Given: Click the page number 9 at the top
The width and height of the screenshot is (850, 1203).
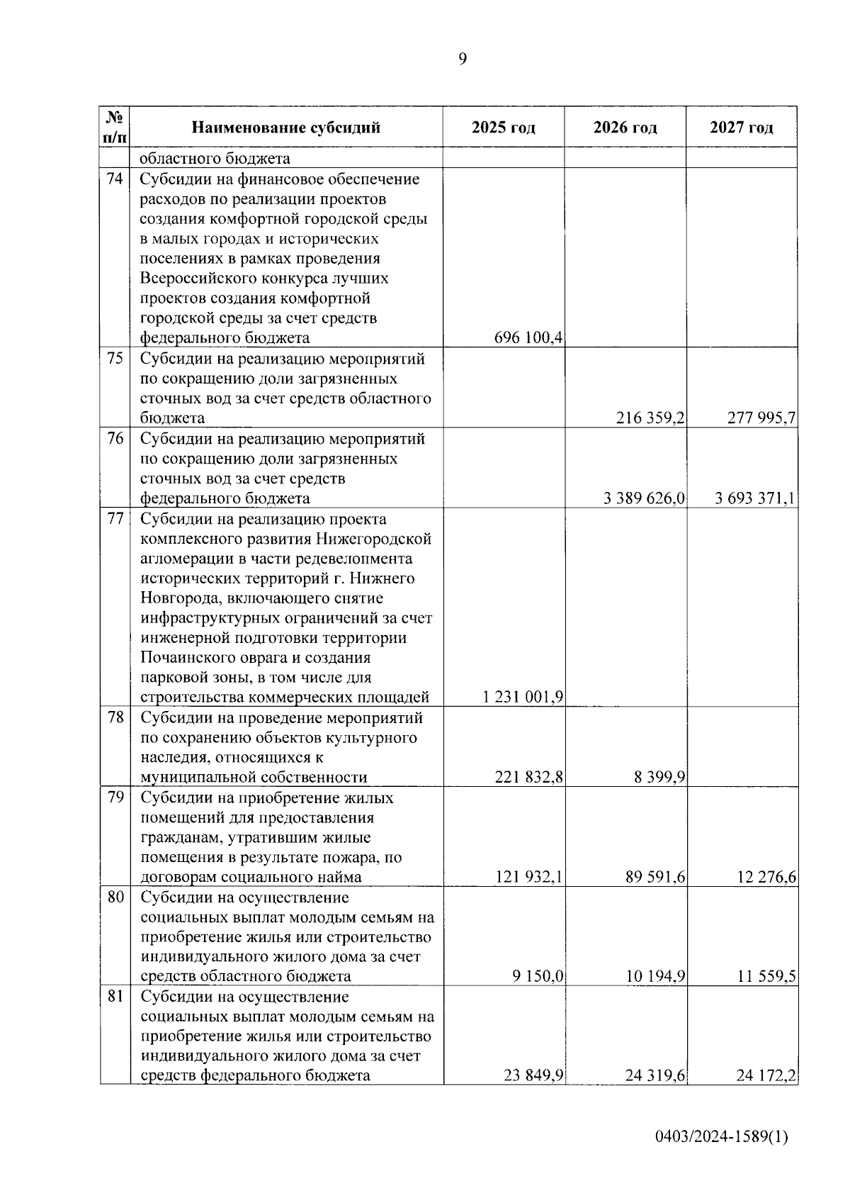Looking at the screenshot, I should pos(463,59).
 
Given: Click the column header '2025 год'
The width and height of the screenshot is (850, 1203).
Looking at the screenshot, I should pos(504,128).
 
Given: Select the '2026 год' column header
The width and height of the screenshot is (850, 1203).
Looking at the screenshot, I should pos(625,128).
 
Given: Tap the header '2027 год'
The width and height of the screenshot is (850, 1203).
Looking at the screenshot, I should pos(742,128).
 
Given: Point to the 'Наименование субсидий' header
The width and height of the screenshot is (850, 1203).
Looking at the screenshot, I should pos(286,128).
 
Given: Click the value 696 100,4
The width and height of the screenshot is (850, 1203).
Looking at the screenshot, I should pos(528,337).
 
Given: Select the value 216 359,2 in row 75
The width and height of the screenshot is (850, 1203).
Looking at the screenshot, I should pos(650,418).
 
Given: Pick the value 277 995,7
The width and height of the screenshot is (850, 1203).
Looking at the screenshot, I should pos(761,418).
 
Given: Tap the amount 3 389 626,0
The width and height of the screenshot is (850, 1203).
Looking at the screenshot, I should pos(644,498).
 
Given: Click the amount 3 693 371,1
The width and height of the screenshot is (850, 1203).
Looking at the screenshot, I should pos(755,498).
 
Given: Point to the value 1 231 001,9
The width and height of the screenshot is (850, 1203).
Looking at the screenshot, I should pos(523,697).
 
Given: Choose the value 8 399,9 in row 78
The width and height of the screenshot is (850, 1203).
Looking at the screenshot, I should pos(659,777).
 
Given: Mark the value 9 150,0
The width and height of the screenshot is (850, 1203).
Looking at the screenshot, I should pos(538,976).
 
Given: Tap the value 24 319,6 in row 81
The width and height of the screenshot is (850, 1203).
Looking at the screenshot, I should pos(655,1075).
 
